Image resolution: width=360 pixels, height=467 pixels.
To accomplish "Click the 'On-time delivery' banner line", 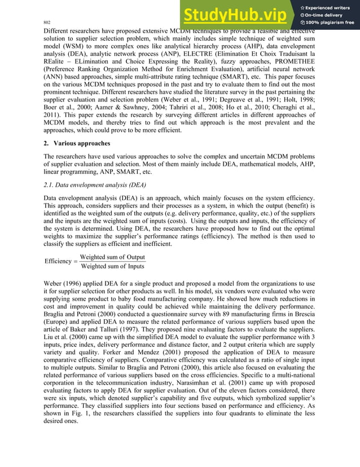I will [x=326, y=15].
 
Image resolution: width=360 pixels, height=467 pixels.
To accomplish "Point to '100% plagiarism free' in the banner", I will [x=329, y=23].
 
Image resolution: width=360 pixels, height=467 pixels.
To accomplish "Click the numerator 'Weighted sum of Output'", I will [x=112, y=257].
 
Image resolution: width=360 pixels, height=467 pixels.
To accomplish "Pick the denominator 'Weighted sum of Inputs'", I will [x=112, y=266].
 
